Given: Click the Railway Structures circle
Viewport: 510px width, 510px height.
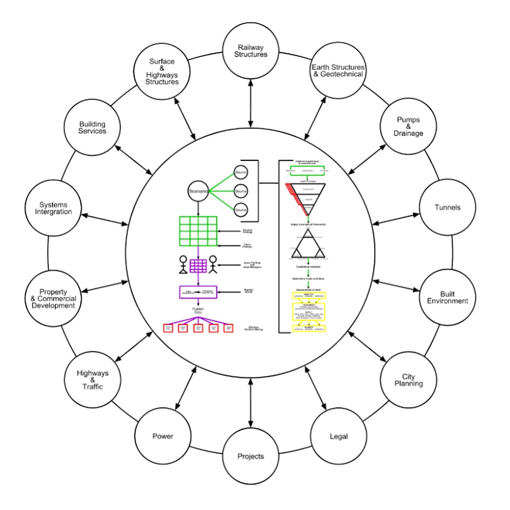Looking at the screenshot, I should click(x=250, y=50).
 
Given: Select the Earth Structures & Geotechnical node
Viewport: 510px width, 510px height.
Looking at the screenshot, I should click(x=338, y=70).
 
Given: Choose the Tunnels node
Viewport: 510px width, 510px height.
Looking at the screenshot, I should click(x=447, y=207).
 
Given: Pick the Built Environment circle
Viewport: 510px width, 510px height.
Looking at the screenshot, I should click(x=447, y=297).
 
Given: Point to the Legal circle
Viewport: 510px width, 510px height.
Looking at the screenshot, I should click(x=338, y=436).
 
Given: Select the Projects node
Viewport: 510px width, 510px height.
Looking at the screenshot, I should click(x=250, y=456).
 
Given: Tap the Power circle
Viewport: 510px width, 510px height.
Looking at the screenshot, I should click(x=163, y=436).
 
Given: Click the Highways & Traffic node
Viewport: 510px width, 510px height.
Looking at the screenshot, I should click(x=92, y=380).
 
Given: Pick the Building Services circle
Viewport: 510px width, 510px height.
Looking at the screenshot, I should click(x=92, y=127).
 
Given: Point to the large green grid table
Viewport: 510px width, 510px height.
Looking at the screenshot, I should click(x=198, y=231).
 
